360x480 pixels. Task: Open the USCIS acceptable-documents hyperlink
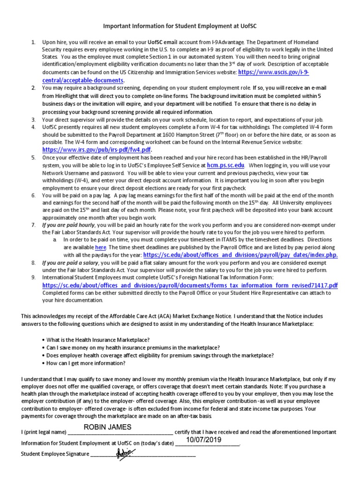pos(274,73)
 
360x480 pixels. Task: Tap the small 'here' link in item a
pos(101,247)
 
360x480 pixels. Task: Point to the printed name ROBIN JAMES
pos(107,427)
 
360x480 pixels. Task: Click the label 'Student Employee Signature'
pos(55,454)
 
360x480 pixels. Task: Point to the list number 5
pos(33,158)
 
